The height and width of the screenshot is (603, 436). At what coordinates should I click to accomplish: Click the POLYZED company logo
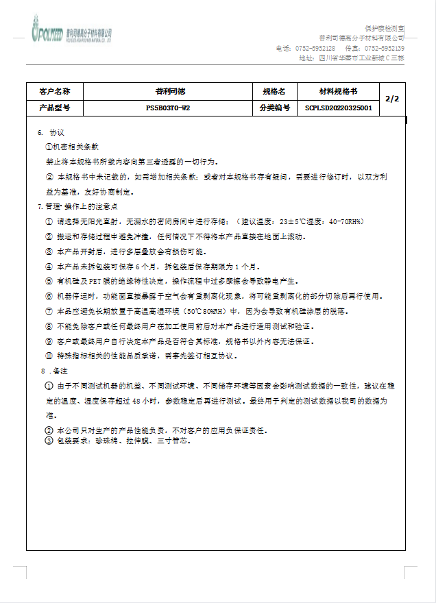click(x=71, y=33)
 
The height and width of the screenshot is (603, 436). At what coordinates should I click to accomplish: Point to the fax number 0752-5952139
click(x=384, y=49)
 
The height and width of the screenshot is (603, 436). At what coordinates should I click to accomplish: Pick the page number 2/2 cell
click(x=392, y=99)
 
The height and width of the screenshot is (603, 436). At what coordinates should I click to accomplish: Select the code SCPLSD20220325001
click(x=339, y=108)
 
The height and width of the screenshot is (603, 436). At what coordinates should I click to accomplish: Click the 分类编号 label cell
click(x=274, y=108)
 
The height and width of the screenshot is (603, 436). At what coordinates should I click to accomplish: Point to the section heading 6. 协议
click(x=51, y=132)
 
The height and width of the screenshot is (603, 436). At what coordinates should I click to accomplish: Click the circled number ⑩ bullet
click(x=49, y=356)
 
